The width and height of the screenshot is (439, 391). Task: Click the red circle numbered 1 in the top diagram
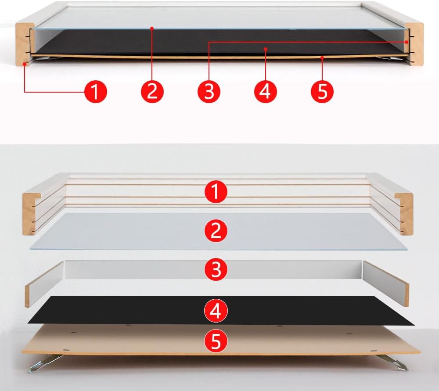(96, 92)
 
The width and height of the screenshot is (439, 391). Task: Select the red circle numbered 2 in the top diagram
(152, 92)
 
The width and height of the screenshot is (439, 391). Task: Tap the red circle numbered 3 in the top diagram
(209, 92)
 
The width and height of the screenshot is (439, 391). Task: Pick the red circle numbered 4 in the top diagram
(266, 92)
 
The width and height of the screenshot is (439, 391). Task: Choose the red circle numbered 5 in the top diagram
(322, 92)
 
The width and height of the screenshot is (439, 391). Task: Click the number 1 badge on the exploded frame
(216, 192)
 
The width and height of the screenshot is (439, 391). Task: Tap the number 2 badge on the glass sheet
(216, 231)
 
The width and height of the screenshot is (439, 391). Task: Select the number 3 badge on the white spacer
(216, 269)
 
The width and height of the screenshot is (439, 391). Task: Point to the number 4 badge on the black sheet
(216, 311)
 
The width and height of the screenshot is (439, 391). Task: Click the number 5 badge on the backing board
(216, 341)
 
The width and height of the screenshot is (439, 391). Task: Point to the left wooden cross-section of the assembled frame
(24, 44)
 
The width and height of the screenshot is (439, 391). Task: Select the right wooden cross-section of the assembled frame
(415, 44)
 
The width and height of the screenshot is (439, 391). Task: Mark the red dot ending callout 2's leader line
(152, 28)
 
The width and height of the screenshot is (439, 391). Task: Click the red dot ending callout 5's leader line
(322, 58)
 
